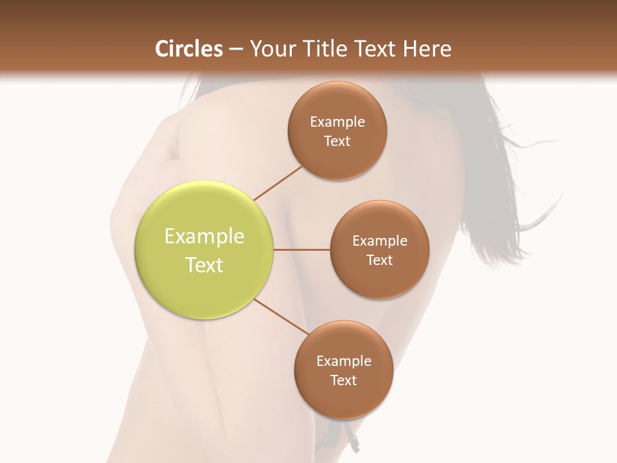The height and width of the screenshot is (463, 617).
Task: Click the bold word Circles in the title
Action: pyautogui.click(x=188, y=49)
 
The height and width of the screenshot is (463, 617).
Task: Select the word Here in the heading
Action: pyautogui.click(x=427, y=49)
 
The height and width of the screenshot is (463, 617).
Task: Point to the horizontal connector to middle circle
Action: pyautogui.click(x=301, y=250)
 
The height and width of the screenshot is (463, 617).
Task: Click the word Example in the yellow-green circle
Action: pyautogui.click(x=204, y=237)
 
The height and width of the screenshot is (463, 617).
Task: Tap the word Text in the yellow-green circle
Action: pyautogui.click(x=204, y=265)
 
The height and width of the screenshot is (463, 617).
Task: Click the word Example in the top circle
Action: pyautogui.click(x=337, y=122)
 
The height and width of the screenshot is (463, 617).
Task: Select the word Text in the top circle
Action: pyautogui.click(x=337, y=141)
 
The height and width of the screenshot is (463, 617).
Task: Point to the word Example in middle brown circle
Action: pyautogui.click(x=380, y=241)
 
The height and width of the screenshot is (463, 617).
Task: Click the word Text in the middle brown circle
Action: pyautogui.click(x=379, y=260)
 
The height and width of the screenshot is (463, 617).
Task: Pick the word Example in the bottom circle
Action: pyautogui.click(x=344, y=361)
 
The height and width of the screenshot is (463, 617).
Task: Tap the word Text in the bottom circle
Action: pyautogui.click(x=343, y=381)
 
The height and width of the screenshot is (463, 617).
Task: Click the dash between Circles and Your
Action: pyautogui.click(x=236, y=50)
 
